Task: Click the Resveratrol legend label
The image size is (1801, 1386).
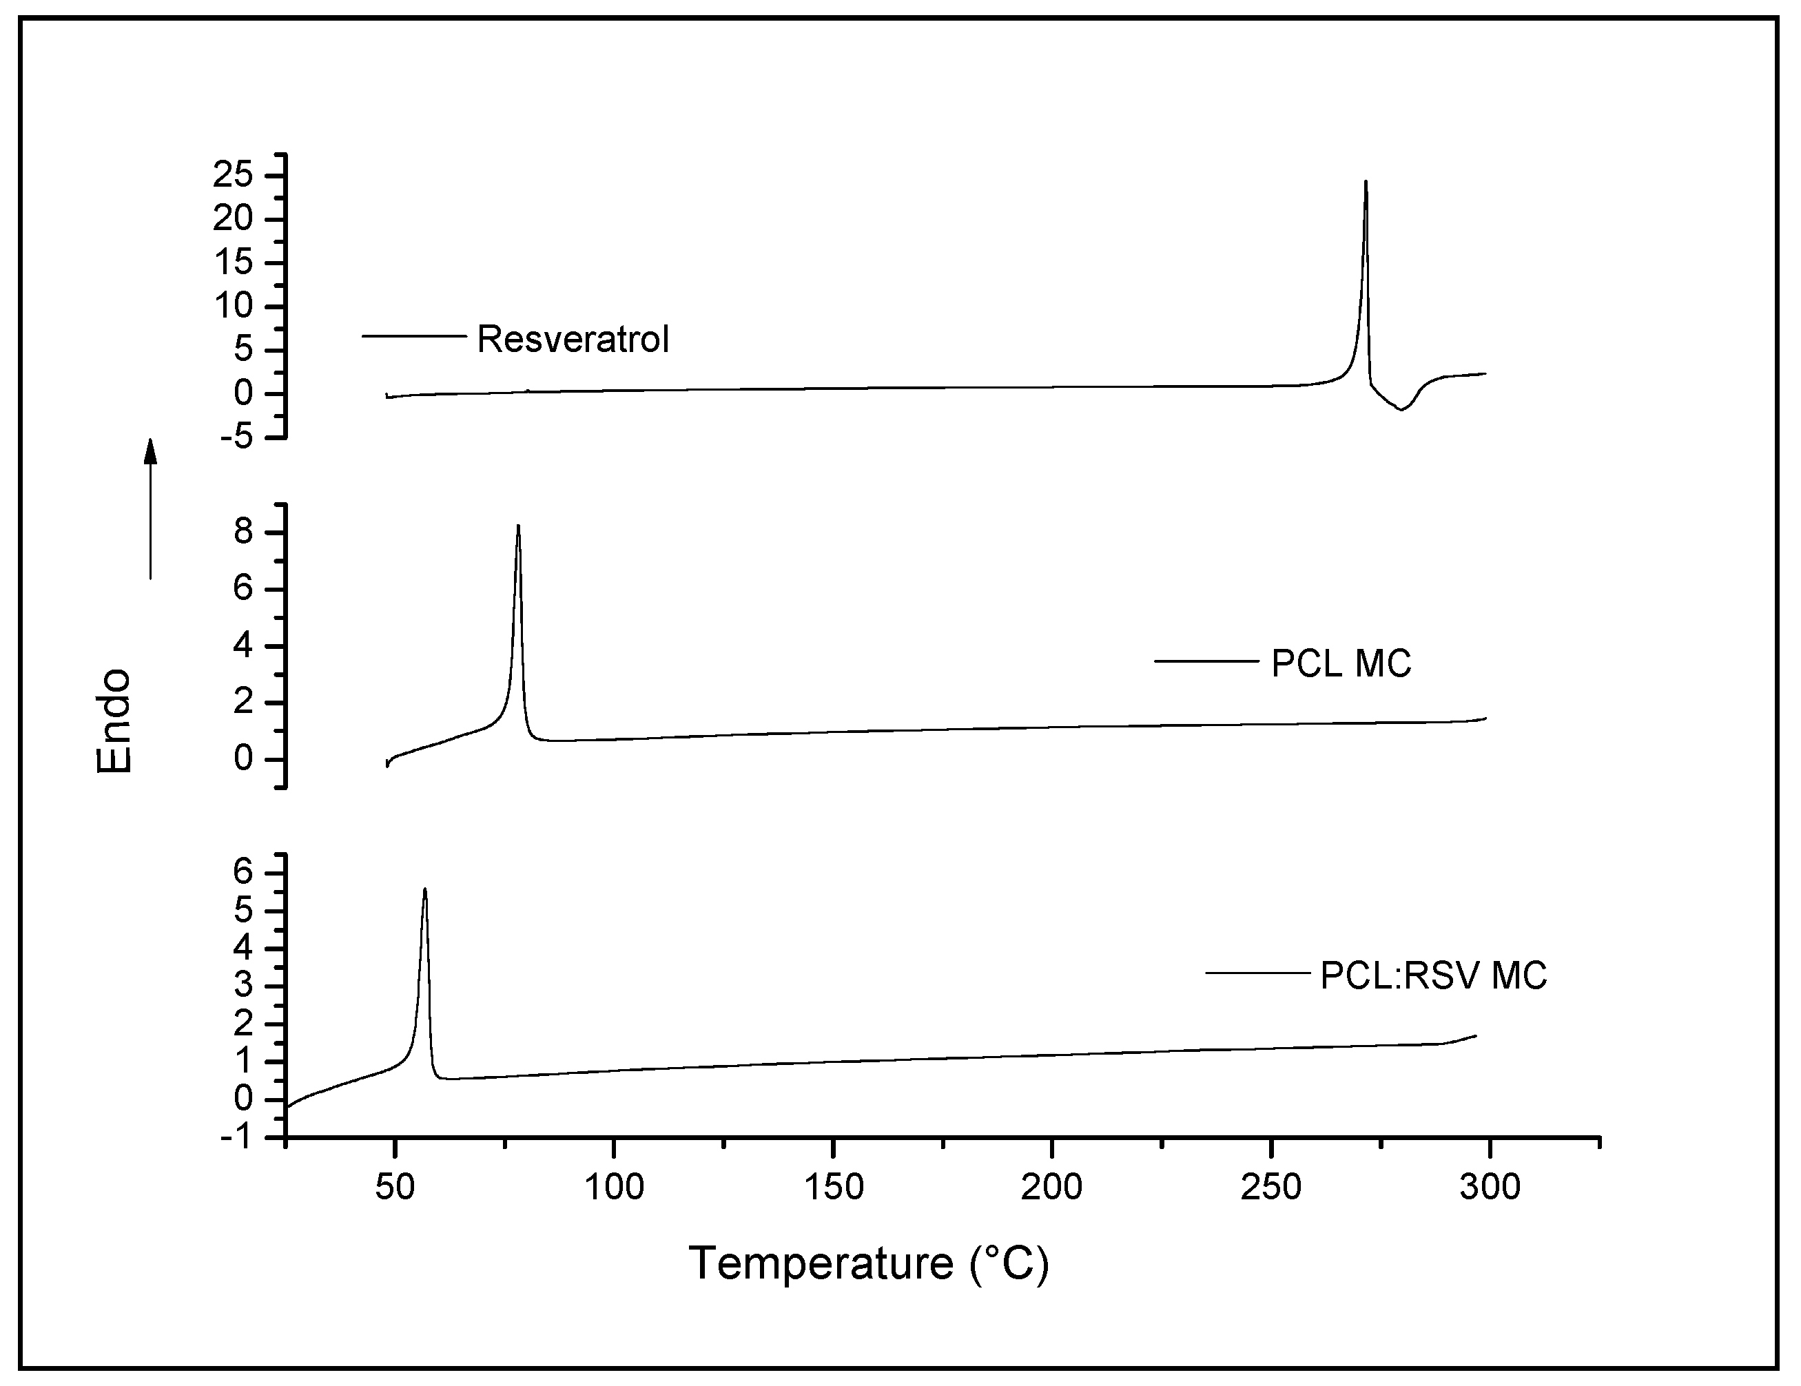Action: pyautogui.click(x=573, y=340)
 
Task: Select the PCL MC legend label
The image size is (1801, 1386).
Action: pyautogui.click(x=1341, y=664)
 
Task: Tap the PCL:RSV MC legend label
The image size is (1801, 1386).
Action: pyautogui.click(x=1433, y=975)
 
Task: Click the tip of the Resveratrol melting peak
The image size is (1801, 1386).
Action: pyautogui.click(x=1366, y=183)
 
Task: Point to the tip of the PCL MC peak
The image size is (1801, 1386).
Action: pyautogui.click(x=518, y=527)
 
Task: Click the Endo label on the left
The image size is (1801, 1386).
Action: pyautogui.click(x=114, y=721)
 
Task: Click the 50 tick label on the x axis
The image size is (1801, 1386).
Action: pyautogui.click(x=395, y=1188)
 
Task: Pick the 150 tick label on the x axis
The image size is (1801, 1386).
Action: pyautogui.click(x=833, y=1188)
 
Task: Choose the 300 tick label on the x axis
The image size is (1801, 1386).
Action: pyautogui.click(x=1490, y=1188)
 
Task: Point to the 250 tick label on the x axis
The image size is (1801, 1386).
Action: pyautogui.click(x=1270, y=1188)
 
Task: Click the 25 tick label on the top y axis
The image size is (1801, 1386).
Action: pyautogui.click(x=234, y=176)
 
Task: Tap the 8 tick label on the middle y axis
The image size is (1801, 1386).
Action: pyautogui.click(x=243, y=532)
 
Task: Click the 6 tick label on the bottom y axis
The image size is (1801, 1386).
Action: pyautogui.click(x=244, y=873)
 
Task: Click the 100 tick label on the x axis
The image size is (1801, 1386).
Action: pyautogui.click(x=613, y=1188)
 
